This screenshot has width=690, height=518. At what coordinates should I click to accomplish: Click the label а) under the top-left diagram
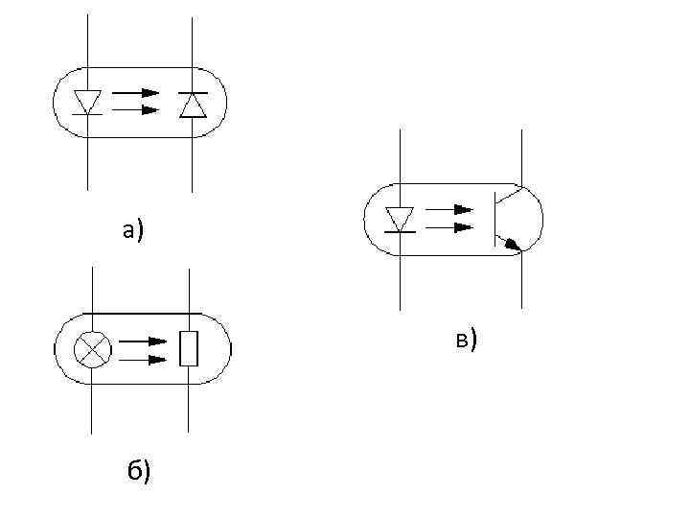pos(131,229)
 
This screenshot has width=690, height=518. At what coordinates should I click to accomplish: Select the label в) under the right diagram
pos(466,339)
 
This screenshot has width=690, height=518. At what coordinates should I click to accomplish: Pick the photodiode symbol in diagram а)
pos(193,104)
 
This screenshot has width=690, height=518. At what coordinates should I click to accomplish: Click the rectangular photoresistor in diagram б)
pos(189,347)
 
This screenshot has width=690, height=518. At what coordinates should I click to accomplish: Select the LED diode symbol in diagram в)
pos(399,219)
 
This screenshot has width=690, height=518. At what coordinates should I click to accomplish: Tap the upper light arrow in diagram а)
pos(136,93)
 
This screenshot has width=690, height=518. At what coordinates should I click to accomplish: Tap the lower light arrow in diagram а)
pos(136,110)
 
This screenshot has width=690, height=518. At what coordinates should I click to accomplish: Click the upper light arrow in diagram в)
pos(449,209)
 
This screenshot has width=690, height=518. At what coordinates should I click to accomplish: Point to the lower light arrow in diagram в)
pos(449,227)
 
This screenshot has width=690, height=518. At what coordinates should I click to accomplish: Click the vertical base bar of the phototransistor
pos(495,219)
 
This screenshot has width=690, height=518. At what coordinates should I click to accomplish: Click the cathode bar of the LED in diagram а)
pos(87,113)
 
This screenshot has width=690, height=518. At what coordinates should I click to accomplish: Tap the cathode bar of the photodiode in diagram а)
pos(193,92)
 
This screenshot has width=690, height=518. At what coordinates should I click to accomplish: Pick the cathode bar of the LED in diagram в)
pos(399,231)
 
